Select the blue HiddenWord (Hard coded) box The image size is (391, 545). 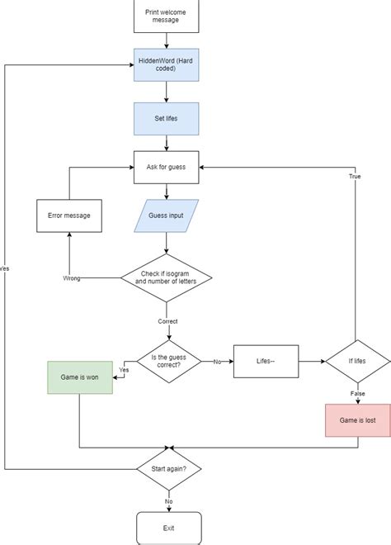click(167, 67)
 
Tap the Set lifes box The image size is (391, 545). click(167, 118)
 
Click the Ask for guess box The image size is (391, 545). click(167, 167)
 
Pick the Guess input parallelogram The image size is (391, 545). click(167, 216)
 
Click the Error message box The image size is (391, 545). click(69, 216)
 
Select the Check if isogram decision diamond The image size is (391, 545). click(167, 277)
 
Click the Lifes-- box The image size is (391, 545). click(265, 361)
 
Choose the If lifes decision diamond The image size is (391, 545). click(357, 361)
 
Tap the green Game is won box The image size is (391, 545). click(80, 377)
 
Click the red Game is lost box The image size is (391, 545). click(357, 419)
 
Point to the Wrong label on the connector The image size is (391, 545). click(72, 278)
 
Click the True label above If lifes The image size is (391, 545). click(355, 177)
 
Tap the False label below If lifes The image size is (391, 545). click(357, 394)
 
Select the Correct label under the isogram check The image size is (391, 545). click(167, 321)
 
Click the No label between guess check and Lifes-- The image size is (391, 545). click(218, 362)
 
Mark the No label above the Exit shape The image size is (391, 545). click(168, 501)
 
